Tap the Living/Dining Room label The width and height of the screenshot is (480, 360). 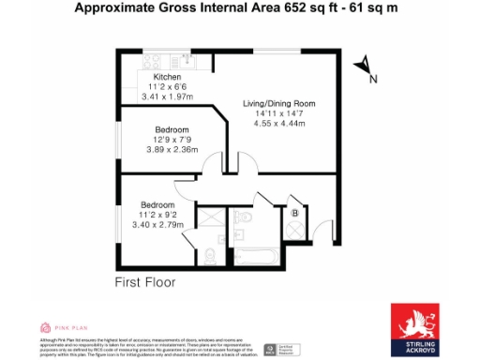pos(278,102)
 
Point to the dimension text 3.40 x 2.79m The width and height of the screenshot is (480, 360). pos(157,224)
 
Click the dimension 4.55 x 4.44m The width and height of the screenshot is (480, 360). pos(279,121)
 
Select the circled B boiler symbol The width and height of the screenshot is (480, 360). pos(296,214)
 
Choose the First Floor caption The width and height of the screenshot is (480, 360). pos(144,281)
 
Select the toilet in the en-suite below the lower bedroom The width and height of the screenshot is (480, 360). pos(209,254)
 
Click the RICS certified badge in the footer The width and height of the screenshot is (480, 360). pos(273,348)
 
